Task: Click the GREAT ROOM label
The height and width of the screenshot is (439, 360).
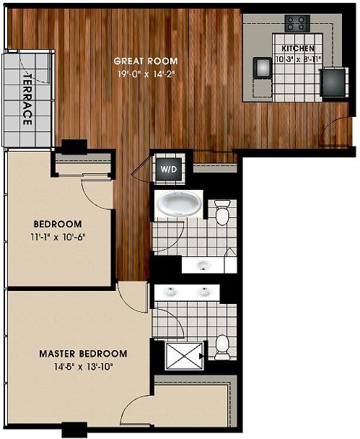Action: [x=146, y=61]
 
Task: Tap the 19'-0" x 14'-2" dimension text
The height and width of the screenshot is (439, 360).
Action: [x=146, y=74]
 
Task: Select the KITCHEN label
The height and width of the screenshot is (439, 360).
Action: [x=298, y=48]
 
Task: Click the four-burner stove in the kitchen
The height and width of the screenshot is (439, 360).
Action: [x=298, y=23]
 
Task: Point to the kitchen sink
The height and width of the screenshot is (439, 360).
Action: [x=263, y=67]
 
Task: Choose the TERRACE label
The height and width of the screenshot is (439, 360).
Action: [x=27, y=99]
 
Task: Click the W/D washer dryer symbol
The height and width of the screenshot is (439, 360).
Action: [x=169, y=169]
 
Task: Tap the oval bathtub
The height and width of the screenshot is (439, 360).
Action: [x=180, y=204]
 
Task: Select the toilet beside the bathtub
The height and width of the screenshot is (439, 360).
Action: [x=222, y=212]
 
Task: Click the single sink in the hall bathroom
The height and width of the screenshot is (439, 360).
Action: [x=203, y=265]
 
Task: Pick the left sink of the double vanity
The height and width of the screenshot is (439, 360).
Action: [x=170, y=292]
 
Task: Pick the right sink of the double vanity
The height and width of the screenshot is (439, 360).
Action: [x=204, y=292]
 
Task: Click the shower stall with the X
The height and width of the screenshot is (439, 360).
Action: [x=184, y=356]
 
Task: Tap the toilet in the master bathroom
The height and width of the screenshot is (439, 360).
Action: [x=222, y=347]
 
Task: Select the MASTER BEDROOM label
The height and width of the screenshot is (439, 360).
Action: [x=83, y=354]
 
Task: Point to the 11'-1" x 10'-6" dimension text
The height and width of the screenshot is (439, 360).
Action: [x=58, y=238]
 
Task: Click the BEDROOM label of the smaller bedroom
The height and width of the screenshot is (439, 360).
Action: [x=58, y=225]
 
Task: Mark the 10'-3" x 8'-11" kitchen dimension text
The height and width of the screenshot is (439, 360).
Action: [x=298, y=59]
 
